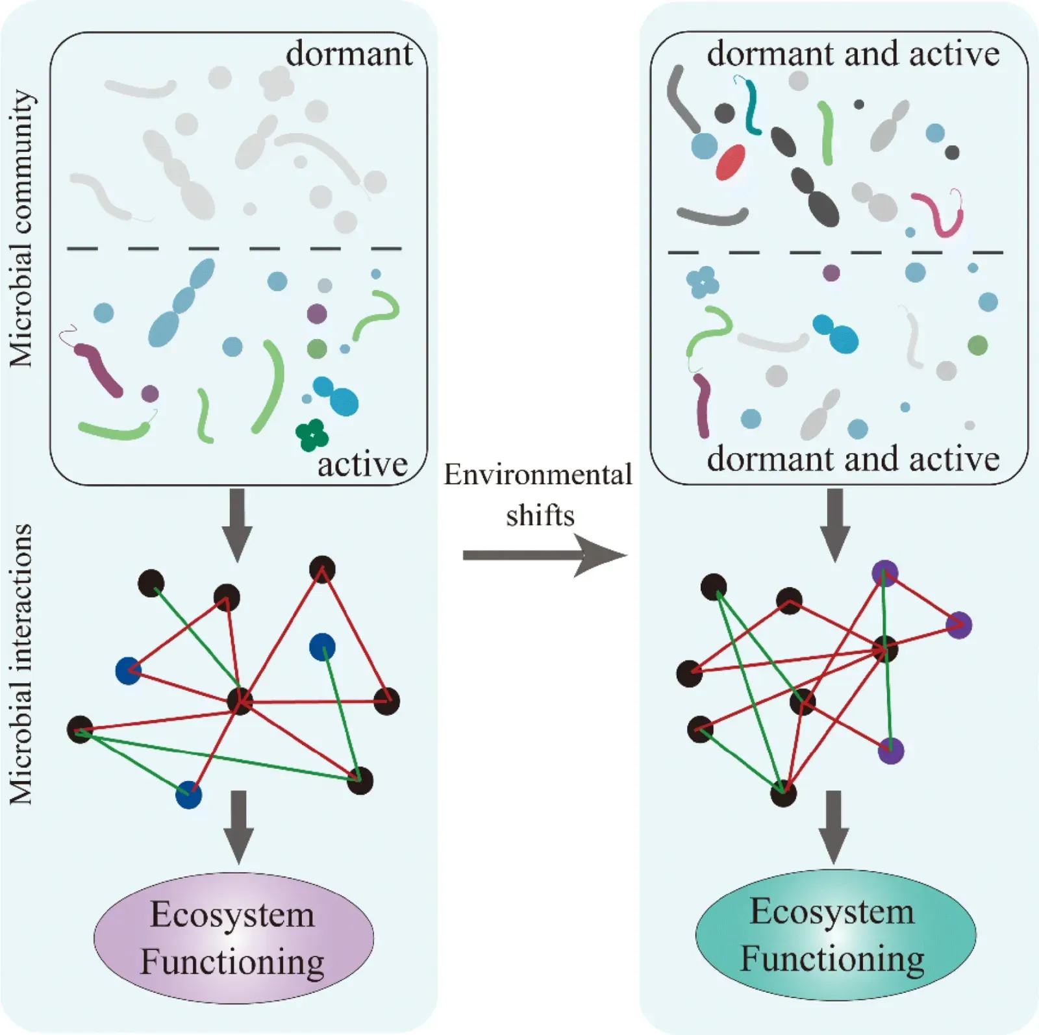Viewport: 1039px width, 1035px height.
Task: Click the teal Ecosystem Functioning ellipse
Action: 835,935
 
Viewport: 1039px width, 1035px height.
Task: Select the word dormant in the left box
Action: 349,54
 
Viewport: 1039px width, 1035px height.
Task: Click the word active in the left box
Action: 362,465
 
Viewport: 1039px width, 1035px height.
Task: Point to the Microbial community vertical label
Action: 21,229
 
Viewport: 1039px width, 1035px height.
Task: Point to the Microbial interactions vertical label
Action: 21,664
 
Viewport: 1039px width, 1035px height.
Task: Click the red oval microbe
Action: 731,162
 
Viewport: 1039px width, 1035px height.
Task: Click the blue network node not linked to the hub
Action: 322,647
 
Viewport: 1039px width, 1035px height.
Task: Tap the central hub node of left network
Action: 240,701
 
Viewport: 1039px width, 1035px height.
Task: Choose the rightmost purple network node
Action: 958,625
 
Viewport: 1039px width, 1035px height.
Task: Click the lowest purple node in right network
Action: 890,751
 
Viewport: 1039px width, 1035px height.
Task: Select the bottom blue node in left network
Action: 189,795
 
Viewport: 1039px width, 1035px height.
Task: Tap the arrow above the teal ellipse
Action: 834,826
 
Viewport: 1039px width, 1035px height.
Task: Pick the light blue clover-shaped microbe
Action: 702,282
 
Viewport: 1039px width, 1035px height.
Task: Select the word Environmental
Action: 538,475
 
